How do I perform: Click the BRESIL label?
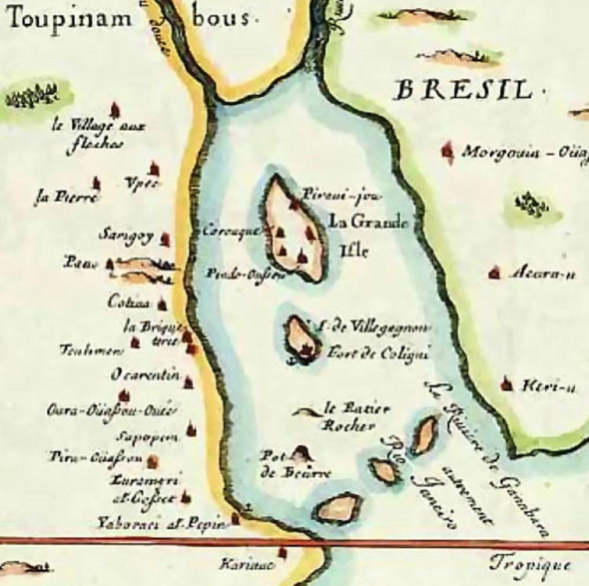[x=464, y=91]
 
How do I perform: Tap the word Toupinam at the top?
[x=69, y=18]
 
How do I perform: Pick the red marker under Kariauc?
[x=283, y=552]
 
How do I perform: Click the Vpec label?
[x=142, y=183]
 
